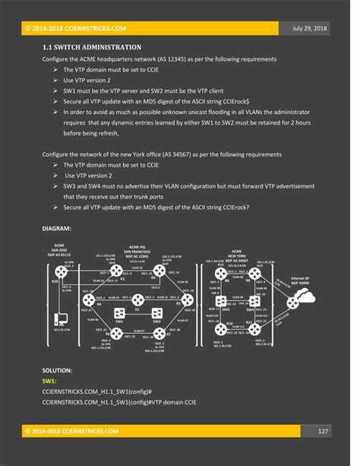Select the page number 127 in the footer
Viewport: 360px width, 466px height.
(x=323, y=431)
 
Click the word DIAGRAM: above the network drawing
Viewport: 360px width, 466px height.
(x=57, y=228)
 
